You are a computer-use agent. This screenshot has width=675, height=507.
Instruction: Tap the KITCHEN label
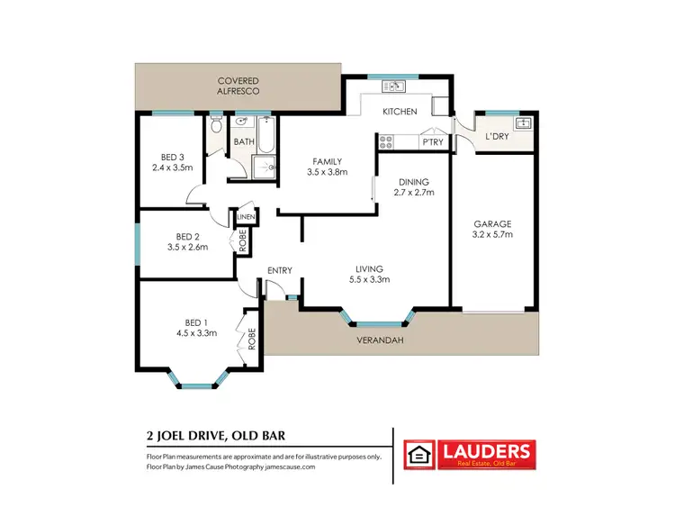tap(400, 112)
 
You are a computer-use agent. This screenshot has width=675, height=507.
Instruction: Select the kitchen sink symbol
tap(394, 86)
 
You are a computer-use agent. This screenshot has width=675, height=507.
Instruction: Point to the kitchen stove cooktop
tap(386, 141)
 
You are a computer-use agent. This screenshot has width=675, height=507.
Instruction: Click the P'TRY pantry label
tap(433, 142)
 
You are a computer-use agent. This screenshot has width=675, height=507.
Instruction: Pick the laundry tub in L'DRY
tap(522, 122)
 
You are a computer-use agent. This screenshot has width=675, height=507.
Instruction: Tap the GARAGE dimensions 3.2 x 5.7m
tap(492, 234)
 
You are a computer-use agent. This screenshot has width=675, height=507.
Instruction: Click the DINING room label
tap(414, 182)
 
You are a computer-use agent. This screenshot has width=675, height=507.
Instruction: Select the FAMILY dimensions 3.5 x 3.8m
tap(327, 171)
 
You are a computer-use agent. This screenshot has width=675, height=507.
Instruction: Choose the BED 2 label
tap(187, 235)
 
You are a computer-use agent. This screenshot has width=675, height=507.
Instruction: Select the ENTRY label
tap(280, 270)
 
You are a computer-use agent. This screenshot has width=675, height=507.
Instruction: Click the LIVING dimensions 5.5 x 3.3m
tap(370, 279)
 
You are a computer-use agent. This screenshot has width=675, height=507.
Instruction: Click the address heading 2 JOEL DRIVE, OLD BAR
tap(216, 435)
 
